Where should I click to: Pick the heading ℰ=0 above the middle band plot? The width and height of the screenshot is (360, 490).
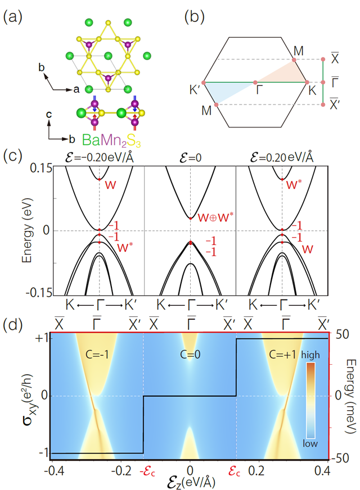190,157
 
